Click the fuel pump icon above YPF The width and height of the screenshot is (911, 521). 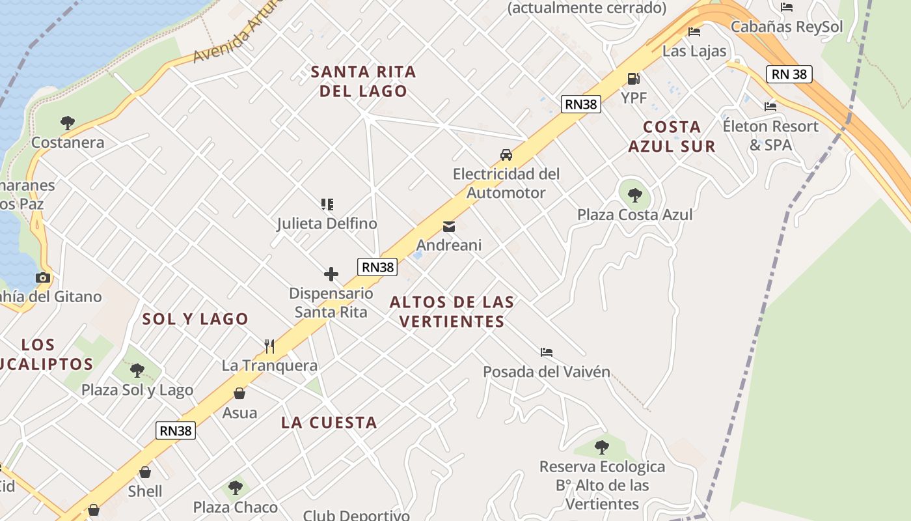(633, 79)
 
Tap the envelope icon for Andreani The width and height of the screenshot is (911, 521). (448, 227)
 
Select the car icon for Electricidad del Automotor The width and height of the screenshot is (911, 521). (506, 155)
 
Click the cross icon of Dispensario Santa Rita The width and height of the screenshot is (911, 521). (331, 274)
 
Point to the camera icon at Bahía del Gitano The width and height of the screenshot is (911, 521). (43, 277)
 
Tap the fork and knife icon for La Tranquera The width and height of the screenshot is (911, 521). (269, 346)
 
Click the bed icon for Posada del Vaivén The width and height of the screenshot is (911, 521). (547, 352)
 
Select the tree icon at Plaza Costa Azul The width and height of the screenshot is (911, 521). (635, 195)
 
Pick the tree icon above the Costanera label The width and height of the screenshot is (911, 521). (67, 122)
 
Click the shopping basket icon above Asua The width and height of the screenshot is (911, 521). (239, 393)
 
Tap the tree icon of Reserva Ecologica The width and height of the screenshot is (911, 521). (602, 447)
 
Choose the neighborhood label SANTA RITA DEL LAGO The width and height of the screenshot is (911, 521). (363, 81)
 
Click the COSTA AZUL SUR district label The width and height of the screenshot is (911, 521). (672, 137)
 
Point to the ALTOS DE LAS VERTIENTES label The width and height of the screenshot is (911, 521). (452, 312)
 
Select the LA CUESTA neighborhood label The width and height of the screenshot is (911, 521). (329, 423)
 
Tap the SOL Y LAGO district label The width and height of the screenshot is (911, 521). (195, 319)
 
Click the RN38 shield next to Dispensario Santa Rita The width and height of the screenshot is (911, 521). (377, 267)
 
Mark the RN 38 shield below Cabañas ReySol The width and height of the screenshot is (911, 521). (789, 74)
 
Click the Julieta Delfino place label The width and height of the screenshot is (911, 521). (327, 223)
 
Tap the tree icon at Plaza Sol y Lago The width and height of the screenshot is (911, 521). (137, 371)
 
